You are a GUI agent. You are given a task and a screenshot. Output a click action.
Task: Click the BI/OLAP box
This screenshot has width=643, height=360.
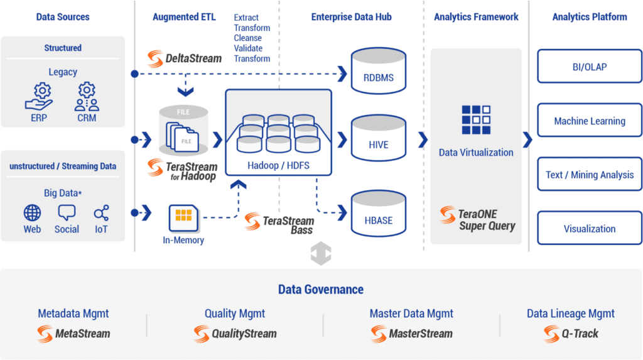pyautogui.click(x=589, y=67)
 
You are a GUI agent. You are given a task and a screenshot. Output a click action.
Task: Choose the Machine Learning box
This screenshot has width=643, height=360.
pyautogui.click(x=589, y=121)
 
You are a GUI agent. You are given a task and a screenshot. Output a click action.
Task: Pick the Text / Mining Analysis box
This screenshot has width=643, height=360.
pyautogui.click(x=589, y=175)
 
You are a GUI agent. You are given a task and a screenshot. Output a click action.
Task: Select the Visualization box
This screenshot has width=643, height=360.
pyautogui.click(x=589, y=229)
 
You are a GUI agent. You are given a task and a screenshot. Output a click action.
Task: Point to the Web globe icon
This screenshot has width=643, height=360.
pyautogui.click(x=32, y=212)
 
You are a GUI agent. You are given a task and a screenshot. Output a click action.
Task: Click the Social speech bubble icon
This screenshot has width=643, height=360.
pyautogui.click(x=67, y=212)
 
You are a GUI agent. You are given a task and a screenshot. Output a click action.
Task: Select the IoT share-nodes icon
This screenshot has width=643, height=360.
pyautogui.click(x=101, y=212)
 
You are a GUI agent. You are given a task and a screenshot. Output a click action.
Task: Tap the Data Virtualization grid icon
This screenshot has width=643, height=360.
pyautogui.click(x=475, y=119)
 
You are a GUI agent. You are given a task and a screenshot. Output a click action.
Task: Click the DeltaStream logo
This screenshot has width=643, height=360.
pyautogui.click(x=185, y=58)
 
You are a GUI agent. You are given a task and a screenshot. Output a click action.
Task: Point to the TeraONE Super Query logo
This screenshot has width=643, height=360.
pyautogui.click(x=477, y=218)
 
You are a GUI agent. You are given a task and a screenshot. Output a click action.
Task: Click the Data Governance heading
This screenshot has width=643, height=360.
pyautogui.click(x=321, y=290)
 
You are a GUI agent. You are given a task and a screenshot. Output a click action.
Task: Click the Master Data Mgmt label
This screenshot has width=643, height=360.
pyautogui.click(x=411, y=314)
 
